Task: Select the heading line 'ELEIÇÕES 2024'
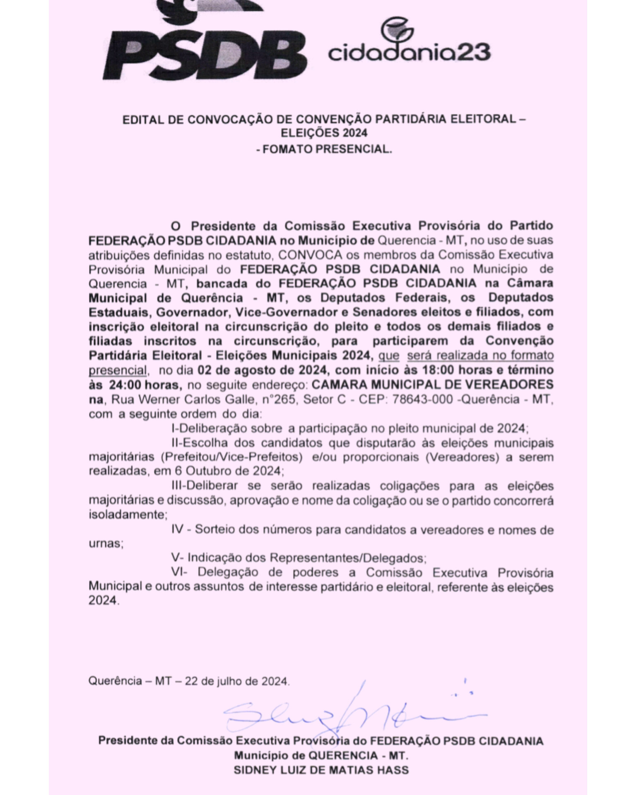324,133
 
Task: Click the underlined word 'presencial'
118,370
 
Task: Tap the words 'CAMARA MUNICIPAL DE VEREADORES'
432,385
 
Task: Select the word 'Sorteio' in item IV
215,530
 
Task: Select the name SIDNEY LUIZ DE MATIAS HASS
321,771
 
